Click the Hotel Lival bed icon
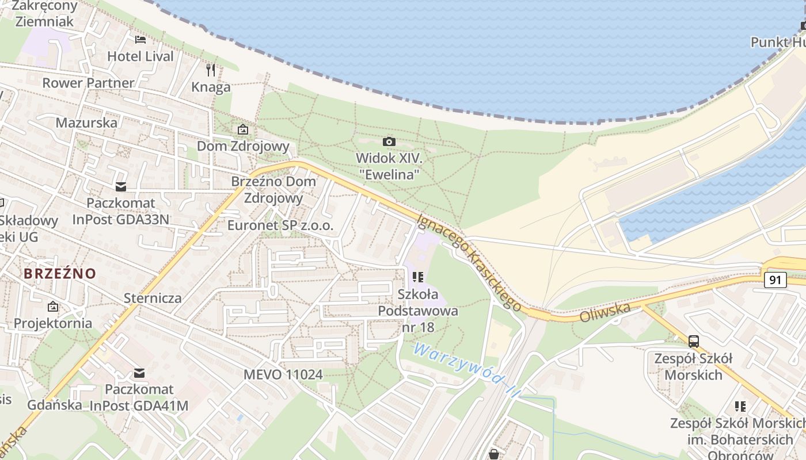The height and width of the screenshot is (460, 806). [140, 40]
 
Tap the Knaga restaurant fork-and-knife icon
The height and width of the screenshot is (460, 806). [211, 70]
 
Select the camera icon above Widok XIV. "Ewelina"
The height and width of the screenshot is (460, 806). [389, 141]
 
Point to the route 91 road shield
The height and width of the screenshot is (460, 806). [775, 280]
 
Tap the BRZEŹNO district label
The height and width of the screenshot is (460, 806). [60, 273]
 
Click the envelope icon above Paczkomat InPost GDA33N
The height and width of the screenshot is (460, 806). [120, 186]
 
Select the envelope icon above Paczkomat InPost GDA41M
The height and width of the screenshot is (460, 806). [139, 373]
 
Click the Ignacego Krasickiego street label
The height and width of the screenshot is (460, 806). [470, 262]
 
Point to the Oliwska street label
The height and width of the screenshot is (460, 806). [605, 313]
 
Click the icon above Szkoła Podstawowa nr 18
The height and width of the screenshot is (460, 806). [418, 278]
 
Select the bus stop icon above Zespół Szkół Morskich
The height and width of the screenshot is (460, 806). [694, 342]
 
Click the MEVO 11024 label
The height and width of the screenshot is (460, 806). [283, 374]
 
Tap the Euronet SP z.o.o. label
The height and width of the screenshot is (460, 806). [280, 225]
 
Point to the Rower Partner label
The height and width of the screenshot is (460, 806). [88, 83]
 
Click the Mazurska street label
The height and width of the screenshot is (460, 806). [86, 122]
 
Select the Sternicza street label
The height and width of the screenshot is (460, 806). [153, 298]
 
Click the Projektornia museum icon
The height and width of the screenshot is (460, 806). [53, 306]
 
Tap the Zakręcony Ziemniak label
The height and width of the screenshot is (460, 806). [44, 14]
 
